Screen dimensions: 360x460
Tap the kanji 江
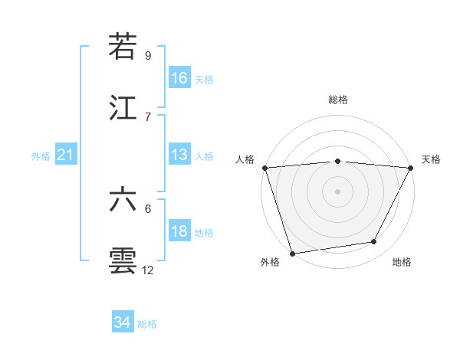(x=123, y=108)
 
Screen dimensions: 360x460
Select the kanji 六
(x=123, y=200)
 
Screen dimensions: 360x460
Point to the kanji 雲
(x=123, y=261)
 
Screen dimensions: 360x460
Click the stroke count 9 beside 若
(x=148, y=55)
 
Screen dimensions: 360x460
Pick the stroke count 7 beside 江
(x=148, y=116)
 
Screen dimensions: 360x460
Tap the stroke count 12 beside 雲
(x=148, y=270)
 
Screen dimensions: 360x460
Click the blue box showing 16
(x=179, y=77)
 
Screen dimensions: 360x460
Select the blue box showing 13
(x=179, y=155)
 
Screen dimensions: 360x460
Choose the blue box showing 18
(x=179, y=231)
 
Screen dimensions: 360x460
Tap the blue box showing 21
(x=66, y=155)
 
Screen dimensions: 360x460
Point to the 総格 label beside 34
(x=147, y=324)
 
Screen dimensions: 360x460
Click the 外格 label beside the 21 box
(x=41, y=156)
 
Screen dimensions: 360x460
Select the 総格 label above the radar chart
(x=338, y=100)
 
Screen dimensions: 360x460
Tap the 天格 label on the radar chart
(x=431, y=159)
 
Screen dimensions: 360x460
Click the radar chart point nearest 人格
(x=264, y=167)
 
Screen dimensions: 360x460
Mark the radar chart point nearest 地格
(x=374, y=242)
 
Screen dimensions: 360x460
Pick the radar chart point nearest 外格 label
(x=292, y=253)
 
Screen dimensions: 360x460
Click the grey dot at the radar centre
(x=337, y=191)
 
